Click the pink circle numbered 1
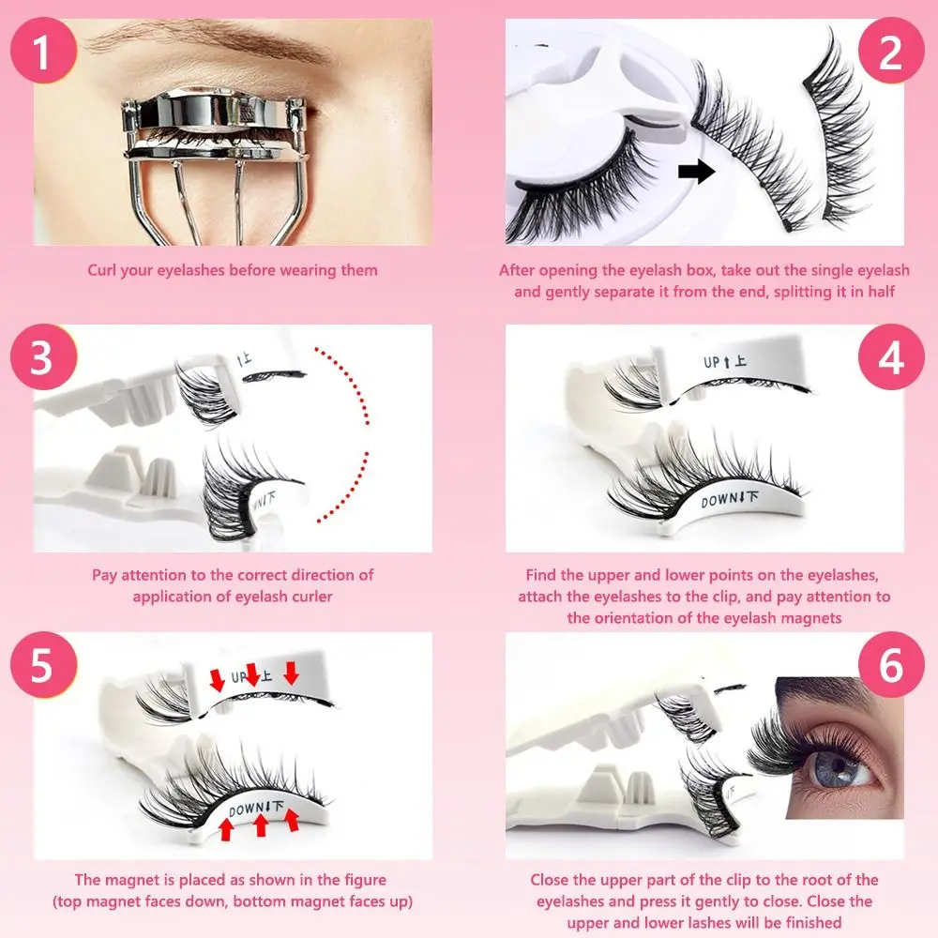tap(41, 54)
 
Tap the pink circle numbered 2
tap(889, 54)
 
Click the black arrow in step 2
tap(695, 171)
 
